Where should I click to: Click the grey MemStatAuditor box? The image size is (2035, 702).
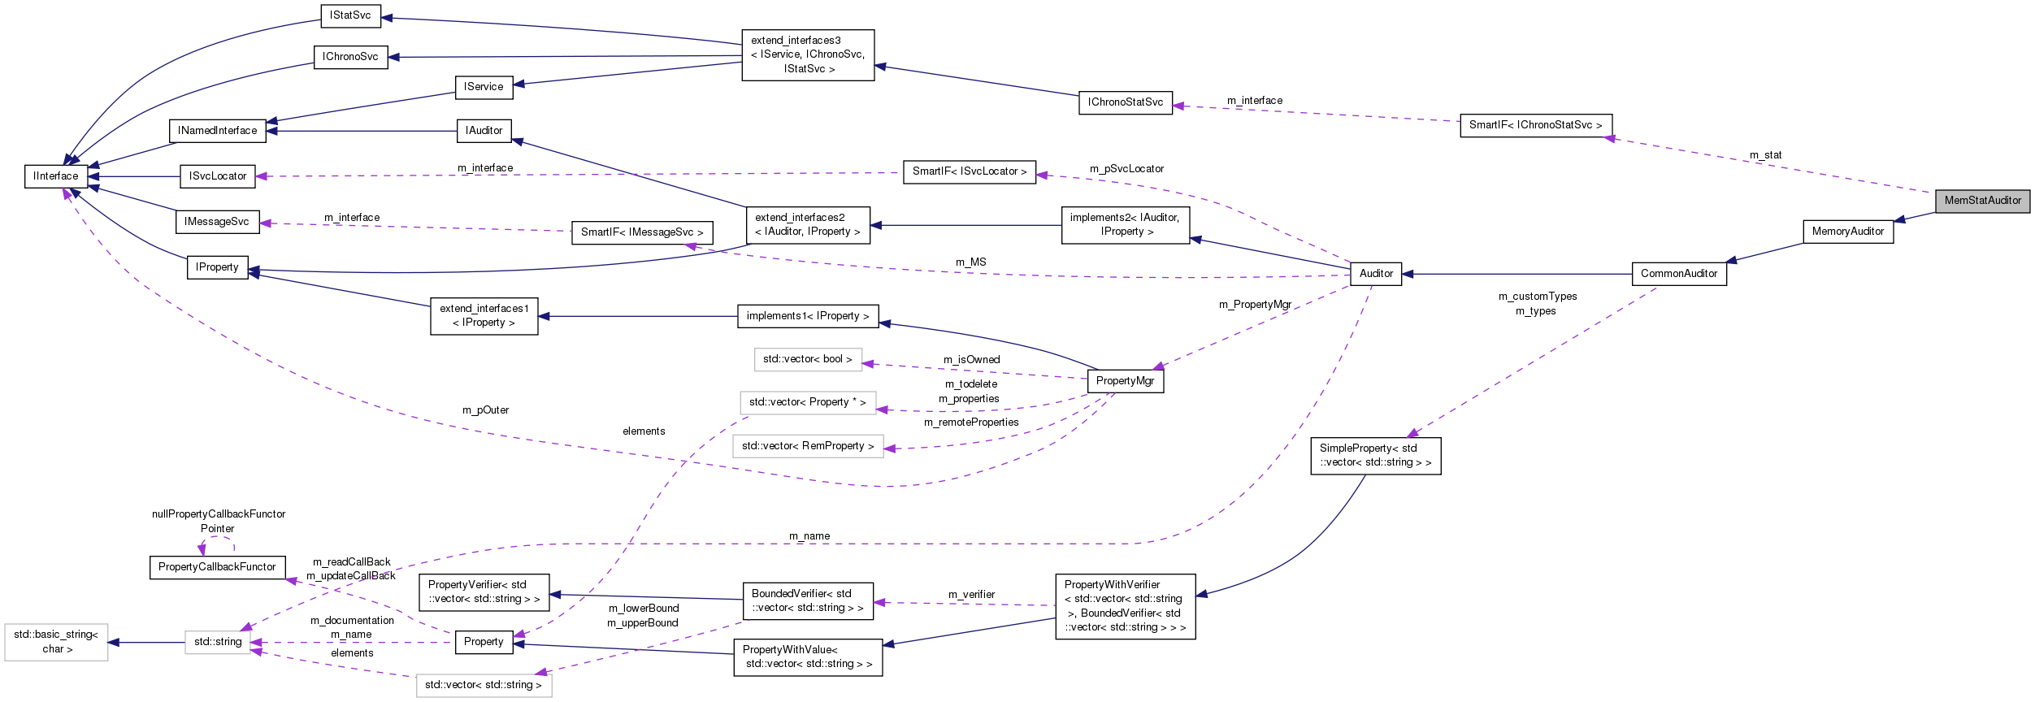[x=1981, y=201]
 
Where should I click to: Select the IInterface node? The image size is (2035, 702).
[x=56, y=176]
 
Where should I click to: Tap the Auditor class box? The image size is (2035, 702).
[x=1375, y=274]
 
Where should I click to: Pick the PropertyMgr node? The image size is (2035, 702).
[x=1125, y=381]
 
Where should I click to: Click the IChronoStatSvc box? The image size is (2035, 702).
[x=1125, y=102]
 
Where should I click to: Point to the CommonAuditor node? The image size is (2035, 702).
[x=1678, y=274]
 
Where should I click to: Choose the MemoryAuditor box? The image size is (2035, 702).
[x=1847, y=232]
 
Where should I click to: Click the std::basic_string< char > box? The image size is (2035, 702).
[x=56, y=642]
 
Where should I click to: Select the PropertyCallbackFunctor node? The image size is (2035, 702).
[x=217, y=567]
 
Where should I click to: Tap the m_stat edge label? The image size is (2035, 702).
[x=1765, y=155]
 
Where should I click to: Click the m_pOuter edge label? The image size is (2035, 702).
[x=485, y=410]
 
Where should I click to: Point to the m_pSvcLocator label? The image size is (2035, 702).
[x=1126, y=169]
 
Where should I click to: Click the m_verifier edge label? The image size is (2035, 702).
[x=971, y=595]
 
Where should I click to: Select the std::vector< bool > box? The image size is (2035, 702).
[x=807, y=359]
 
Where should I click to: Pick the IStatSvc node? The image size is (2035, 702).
[x=350, y=15]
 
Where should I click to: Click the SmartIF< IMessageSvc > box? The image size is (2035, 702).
[x=642, y=232]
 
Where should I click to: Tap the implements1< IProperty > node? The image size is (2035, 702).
[x=807, y=316]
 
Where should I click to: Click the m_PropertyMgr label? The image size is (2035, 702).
[x=1255, y=305]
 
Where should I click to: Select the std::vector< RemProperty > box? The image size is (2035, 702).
[x=807, y=446]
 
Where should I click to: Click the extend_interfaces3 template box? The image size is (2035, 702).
[x=807, y=55]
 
